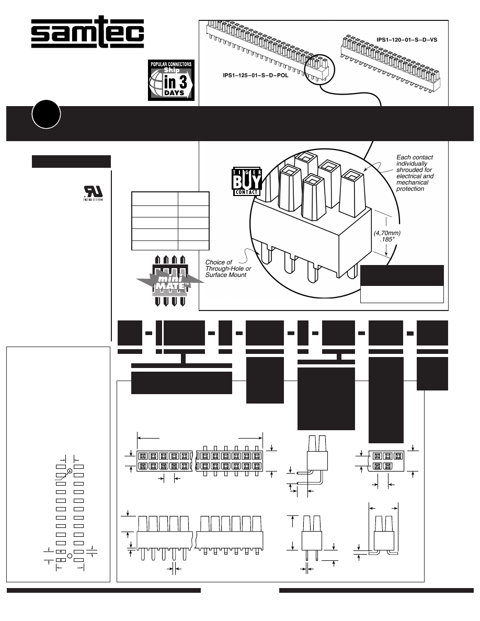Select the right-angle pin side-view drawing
click(x=313, y=463)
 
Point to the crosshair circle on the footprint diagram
click(x=70, y=471)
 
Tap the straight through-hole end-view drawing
click(x=312, y=538)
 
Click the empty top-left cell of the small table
click(x=154, y=199)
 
